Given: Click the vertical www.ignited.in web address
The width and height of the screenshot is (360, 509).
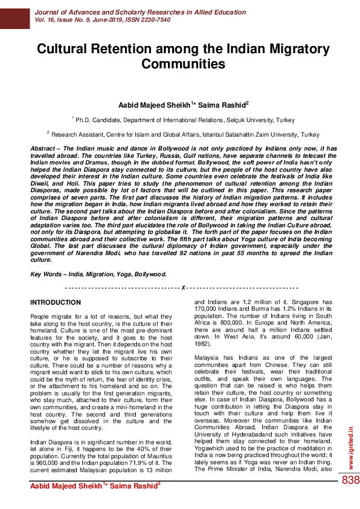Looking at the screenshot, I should click(x=352, y=449).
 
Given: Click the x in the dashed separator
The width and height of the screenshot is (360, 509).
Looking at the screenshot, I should click(x=182, y=287).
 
